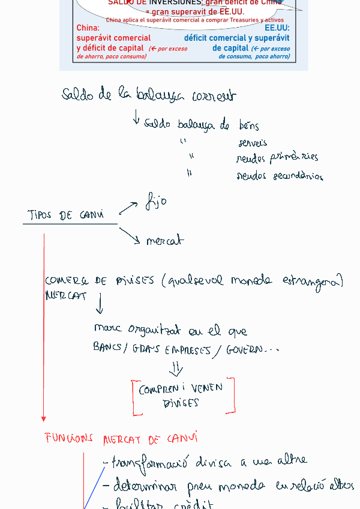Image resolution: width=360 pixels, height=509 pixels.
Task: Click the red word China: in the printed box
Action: pyautogui.click(x=88, y=28)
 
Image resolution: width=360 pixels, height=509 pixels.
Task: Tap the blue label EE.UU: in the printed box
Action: pyautogui.click(x=277, y=28)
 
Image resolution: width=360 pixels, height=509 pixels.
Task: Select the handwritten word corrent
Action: pyautogui.click(x=214, y=96)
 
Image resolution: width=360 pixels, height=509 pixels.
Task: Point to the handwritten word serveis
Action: pyautogui.click(x=253, y=143)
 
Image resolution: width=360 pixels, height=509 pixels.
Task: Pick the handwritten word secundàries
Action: pyautogui.click(x=298, y=176)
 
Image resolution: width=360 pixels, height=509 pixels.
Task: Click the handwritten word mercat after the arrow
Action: pyautogui.click(x=164, y=241)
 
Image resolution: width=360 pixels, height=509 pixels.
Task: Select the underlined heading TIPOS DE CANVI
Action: pyautogui.click(x=66, y=215)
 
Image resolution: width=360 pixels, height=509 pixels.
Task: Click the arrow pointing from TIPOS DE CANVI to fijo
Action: pyautogui.click(x=128, y=208)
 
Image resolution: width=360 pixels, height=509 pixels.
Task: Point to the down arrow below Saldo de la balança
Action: pyautogui.click(x=137, y=117)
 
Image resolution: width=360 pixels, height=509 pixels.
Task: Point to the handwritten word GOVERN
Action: pyautogui.click(x=244, y=350)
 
